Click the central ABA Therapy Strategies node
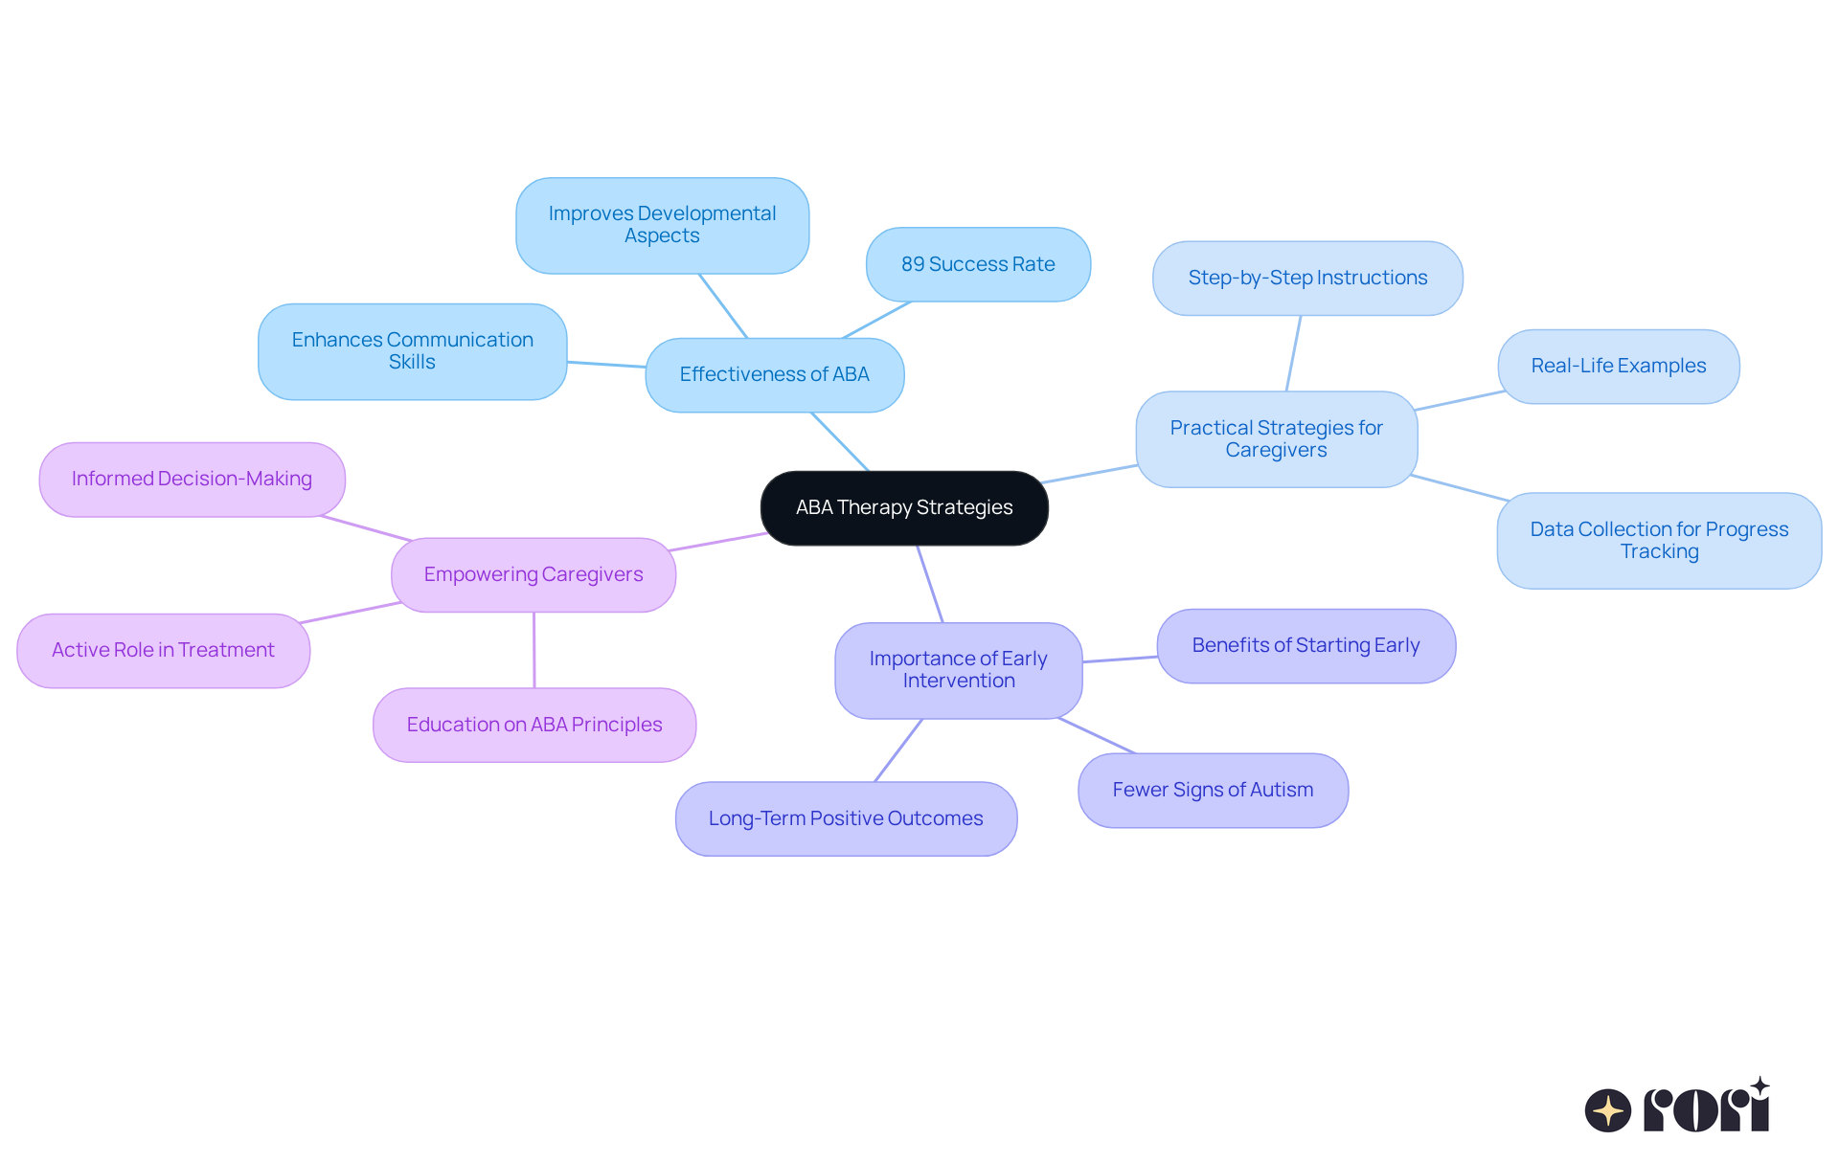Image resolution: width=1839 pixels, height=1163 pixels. click(x=904, y=508)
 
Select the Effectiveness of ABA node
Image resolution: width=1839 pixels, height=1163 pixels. click(x=774, y=375)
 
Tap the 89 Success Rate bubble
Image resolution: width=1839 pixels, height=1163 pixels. click(x=978, y=265)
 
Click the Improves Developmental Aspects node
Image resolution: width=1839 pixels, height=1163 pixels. click(x=662, y=226)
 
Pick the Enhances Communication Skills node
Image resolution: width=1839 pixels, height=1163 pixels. click(x=412, y=352)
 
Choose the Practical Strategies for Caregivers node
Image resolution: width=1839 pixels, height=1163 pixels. click(x=1276, y=439)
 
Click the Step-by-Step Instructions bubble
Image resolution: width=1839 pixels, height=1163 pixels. click(x=1307, y=279)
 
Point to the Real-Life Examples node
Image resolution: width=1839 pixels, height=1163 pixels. click(x=1618, y=367)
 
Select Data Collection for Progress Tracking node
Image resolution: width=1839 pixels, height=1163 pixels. click(x=1659, y=541)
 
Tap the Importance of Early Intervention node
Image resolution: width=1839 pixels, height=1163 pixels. click(x=958, y=670)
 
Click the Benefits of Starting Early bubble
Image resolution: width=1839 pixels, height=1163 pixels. click(x=1305, y=646)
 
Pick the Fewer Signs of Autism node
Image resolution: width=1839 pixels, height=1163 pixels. click(x=1213, y=791)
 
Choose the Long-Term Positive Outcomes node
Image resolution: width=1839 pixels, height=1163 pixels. click(x=846, y=819)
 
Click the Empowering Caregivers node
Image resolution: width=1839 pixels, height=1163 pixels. click(x=534, y=575)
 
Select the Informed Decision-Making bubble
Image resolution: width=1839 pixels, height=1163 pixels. click(x=192, y=480)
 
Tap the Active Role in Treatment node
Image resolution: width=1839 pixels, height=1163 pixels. click(x=163, y=651)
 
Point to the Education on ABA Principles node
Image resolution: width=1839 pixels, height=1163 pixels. click(x=534, y=726)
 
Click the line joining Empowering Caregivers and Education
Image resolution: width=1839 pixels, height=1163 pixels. click(x=534, y=650)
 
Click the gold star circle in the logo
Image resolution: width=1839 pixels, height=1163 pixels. click(x=1607, y=1110)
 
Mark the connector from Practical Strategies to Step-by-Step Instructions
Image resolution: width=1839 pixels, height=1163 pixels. click(x=1293, y=353)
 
